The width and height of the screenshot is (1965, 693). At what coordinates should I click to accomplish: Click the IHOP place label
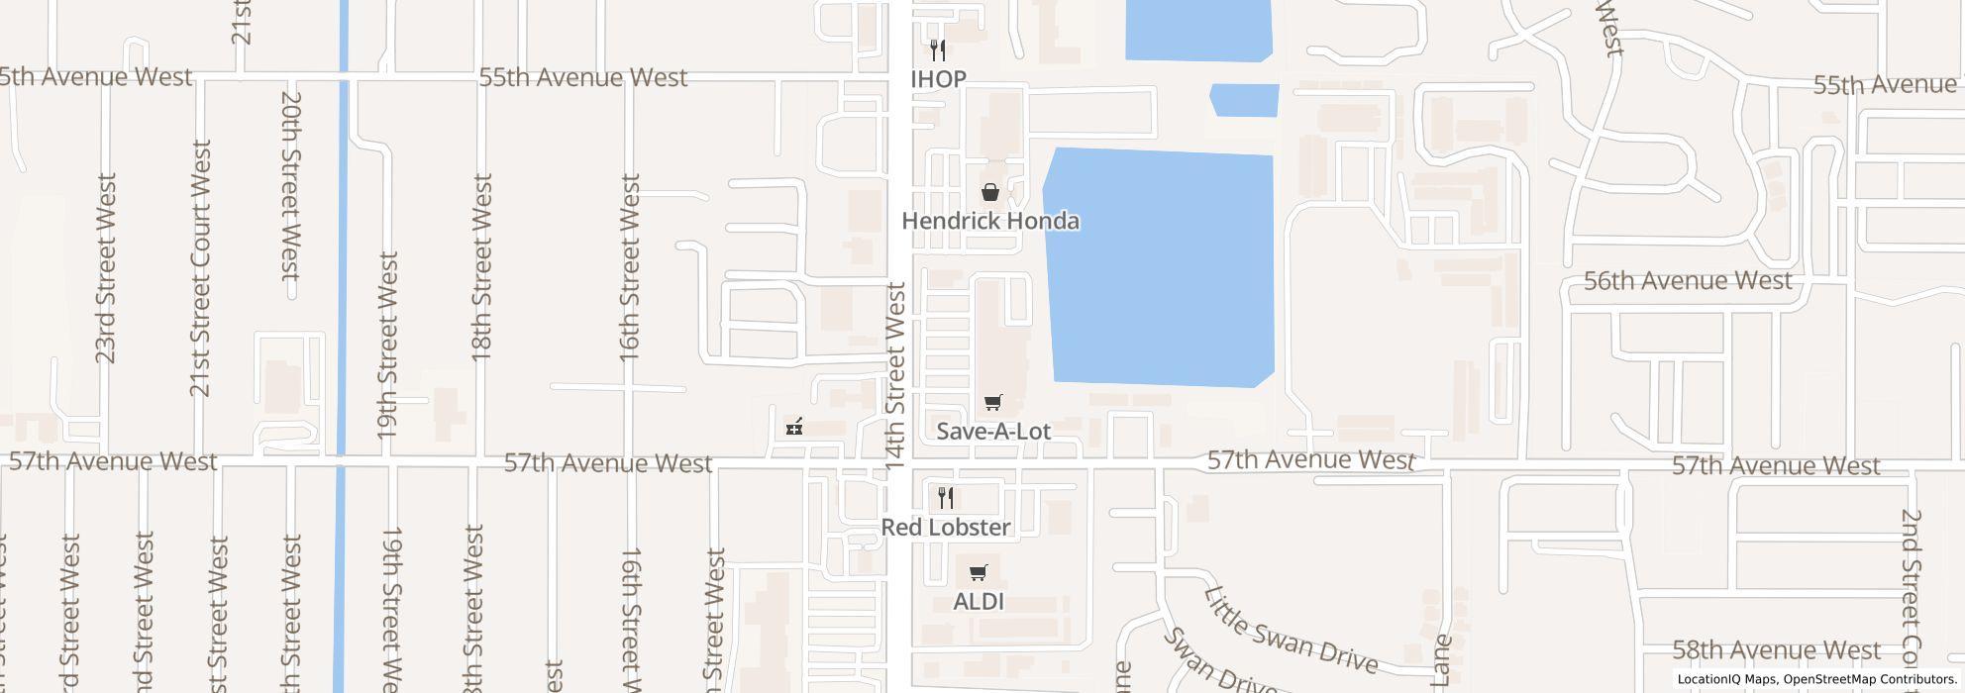(938, 79)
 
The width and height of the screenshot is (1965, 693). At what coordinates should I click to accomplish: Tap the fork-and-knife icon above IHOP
(938, 50)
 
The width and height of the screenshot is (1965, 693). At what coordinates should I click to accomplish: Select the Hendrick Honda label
(989, 221)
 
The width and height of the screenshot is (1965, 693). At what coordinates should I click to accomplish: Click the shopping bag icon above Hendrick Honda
(989, 192)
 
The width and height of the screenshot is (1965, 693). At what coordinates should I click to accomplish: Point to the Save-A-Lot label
(992, 432)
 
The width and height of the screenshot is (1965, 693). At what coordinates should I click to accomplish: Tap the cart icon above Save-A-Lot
(992, 403)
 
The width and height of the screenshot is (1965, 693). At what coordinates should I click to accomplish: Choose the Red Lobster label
(946, 528)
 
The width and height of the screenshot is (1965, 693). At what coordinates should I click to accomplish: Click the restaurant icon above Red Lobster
(946, 498)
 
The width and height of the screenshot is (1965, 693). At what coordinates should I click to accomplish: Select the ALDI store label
(979, 602)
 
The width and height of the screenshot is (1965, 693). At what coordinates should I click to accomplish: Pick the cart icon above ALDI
(979, 573)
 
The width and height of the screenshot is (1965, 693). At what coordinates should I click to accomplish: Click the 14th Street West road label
(895, 376)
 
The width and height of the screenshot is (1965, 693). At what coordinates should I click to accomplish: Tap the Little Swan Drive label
(1290, 630)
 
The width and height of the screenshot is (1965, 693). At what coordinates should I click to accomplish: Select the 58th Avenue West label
(1776, 651)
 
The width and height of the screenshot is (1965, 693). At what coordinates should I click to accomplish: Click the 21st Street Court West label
(201, 267)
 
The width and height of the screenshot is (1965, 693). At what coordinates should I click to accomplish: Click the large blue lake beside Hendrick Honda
(1159, 267)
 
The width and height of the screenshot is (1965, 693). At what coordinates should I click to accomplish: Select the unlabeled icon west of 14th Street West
(793, 428)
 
